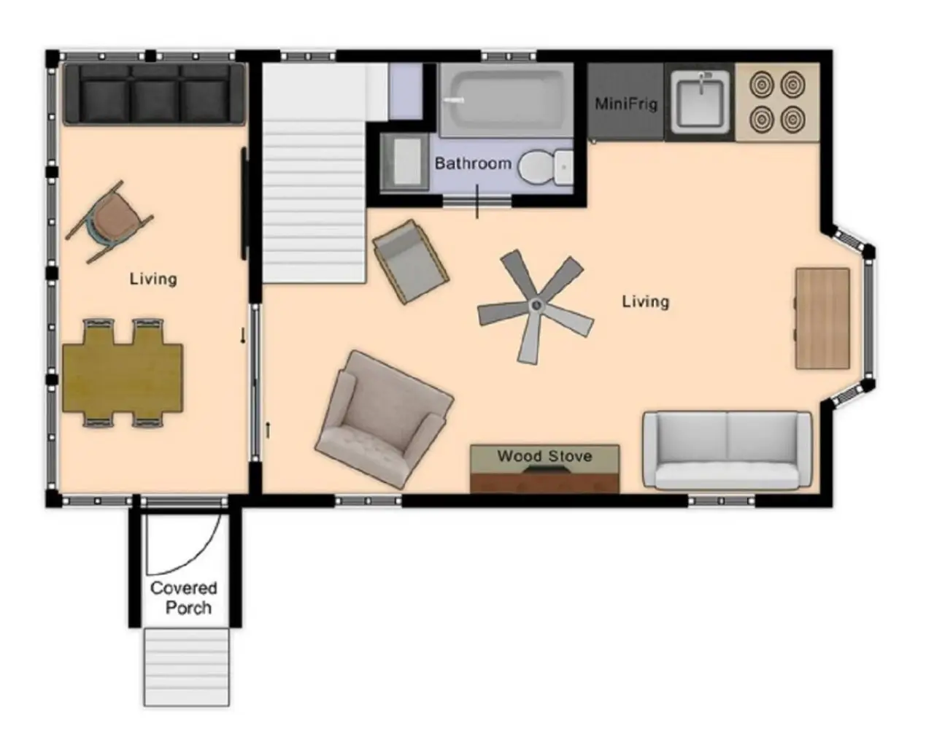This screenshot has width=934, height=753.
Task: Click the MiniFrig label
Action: [626, 104]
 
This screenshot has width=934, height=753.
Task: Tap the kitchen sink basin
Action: [700, 104]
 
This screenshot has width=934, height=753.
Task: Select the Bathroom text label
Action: [473, 163]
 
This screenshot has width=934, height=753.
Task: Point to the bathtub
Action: [506, 100]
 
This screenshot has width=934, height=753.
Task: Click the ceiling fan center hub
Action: [537, 305]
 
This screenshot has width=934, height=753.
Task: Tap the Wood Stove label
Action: [544, 456]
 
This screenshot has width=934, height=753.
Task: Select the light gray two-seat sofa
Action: [727, 452]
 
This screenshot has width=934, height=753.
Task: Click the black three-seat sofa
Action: [154, 95]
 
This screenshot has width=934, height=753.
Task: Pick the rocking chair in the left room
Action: [109, 222]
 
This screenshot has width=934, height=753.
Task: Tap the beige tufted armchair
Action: [384, 420]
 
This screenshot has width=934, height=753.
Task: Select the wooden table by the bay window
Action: [822, 319]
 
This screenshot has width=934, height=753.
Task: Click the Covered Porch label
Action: [184, 598]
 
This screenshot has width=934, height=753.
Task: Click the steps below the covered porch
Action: [187, 667]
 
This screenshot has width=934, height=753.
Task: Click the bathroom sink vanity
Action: [404, 162]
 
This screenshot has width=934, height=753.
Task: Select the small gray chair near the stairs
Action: [411, 262]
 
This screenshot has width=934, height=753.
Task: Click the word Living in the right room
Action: [646, 301]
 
